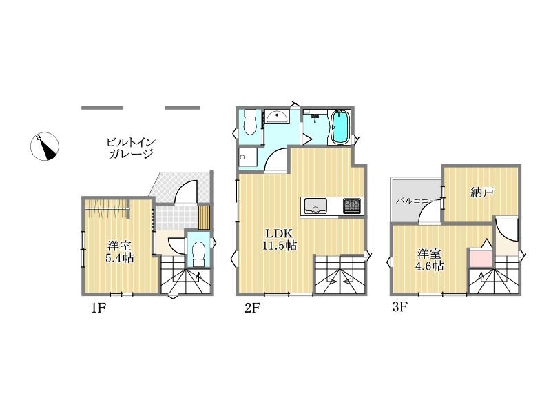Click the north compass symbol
pyautogui.click(x=45, y=146)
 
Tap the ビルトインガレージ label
pyautogui.click(x=131, y=148)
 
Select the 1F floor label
pyautogui.click(x=98, y=308)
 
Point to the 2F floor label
pyautogui.click(x=252, y=308)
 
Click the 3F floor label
pyautogui.click(x=399, y=307)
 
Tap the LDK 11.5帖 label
pyautogui.click(x=280, y=239)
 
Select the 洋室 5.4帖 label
pyautogui.click(x=119, y=252)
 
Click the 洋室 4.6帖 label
pyautogui.click(x=429, y=260)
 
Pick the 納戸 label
pyautogui.click(x=482, y=193)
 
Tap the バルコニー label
pyautogui.click(x=417, y=201)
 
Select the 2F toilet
pyautogui.click(x=250, y=122)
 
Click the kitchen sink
pyautogui.click(x=315, y=206)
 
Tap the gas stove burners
pyautogui.click(x=352, y=206)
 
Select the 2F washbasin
pyautogui.click(x=277, y=116)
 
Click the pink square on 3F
pyautogui.click(x=480, y=258)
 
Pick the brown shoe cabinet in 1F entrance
pyautogui.click(x=204, y=217)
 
